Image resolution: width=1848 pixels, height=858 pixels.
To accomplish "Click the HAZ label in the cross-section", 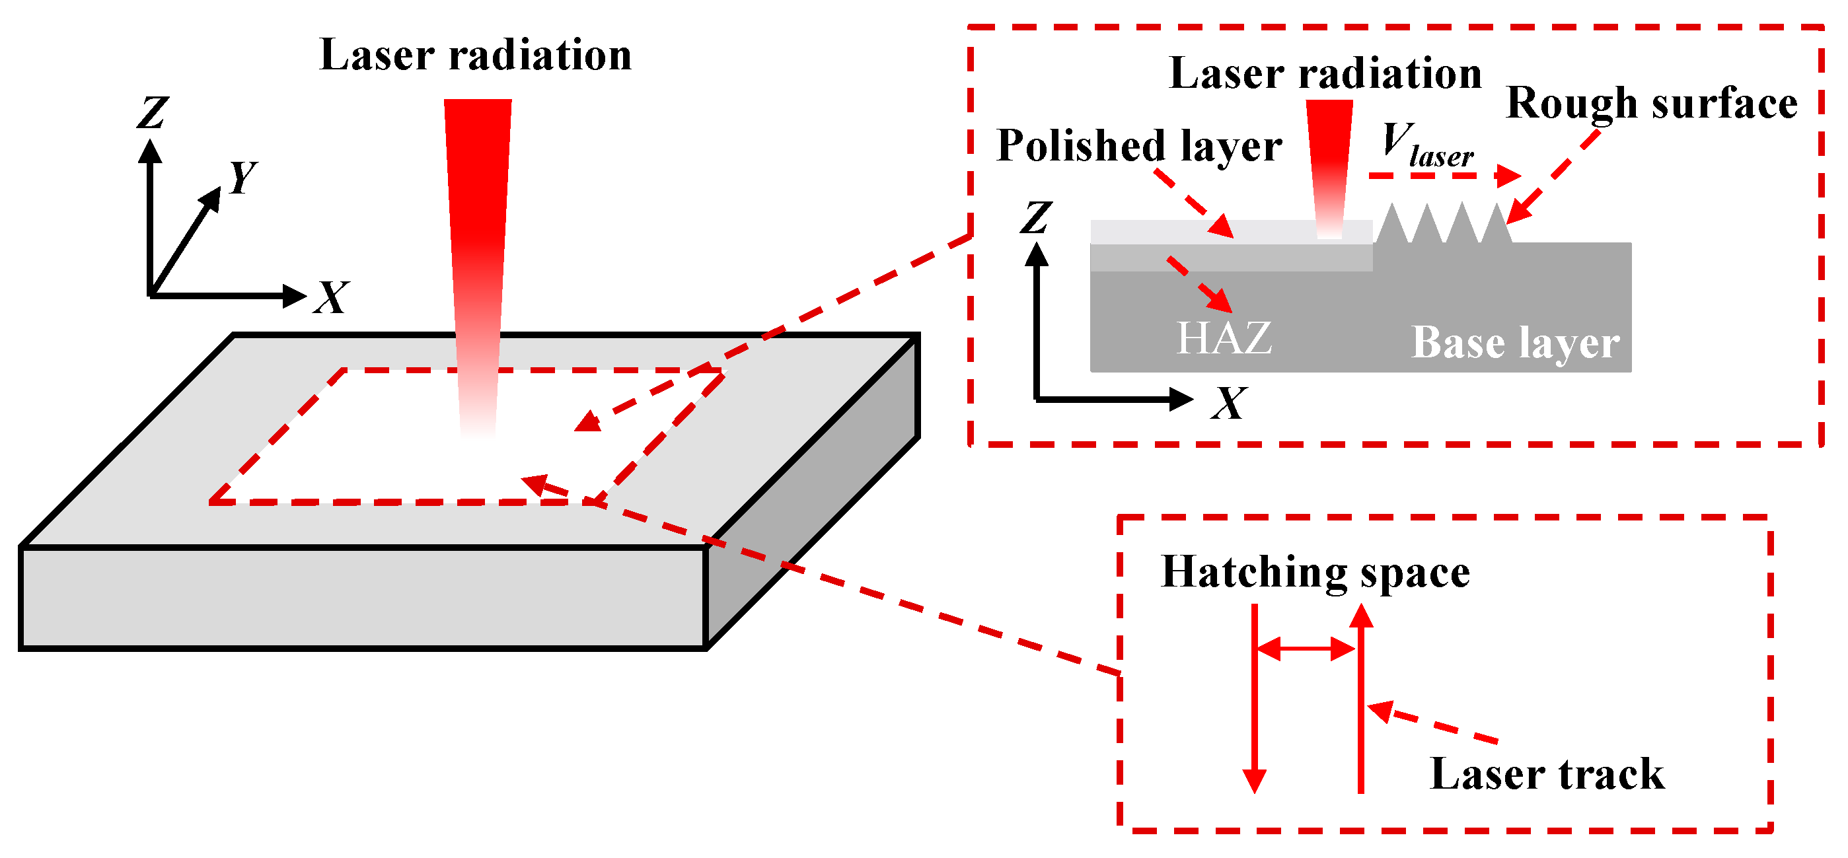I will pyautogui.click(x=1224, y=339).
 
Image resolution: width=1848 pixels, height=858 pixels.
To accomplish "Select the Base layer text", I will pyautogui.click(x=1515, y=343).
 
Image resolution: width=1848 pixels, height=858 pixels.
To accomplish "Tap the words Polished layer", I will pyautogui.click(x=1139, y=147).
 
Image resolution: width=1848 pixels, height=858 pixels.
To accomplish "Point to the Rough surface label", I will pyautogui.click(x=1651, y=103).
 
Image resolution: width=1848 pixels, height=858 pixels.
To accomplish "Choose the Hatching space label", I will pyautogui.click(x=1315, y=573).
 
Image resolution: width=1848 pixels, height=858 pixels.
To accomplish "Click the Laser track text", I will pyautogui.click(x=1547, y=775).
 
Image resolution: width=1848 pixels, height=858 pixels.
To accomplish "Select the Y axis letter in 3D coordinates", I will pyautogui.click(x=242, y=177).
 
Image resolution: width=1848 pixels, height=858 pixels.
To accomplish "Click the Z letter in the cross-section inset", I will pyautogui.click(x=1037, y=218).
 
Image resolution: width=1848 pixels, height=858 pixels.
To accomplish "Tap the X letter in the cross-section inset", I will pyautogui.click(x=1229, y=404).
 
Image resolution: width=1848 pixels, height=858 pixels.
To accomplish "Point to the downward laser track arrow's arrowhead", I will pyautogui.click(x=1254, y=781).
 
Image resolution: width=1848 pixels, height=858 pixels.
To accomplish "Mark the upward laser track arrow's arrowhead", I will pyautogui.click(x=1360, y=617).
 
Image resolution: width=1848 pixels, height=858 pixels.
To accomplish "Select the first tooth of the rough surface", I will pyautogui.click(x=1393, y=225).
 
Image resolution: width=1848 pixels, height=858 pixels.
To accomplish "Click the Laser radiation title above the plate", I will pyautogui.click(x=475, y=55).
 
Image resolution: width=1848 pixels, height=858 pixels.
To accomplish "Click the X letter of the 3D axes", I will pyautogui.click(x=332, y=298).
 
